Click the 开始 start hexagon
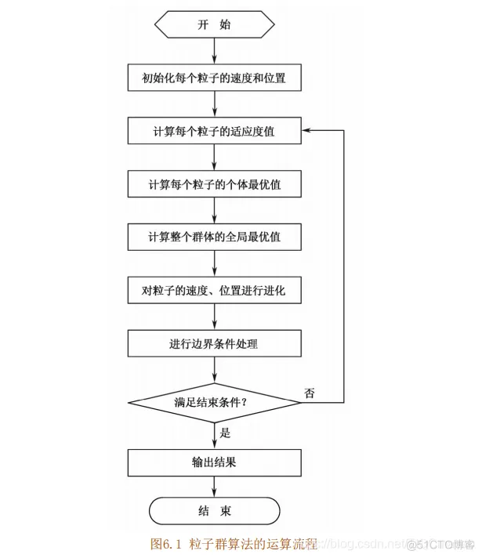(215, 24)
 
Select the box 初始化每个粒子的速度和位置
(215, 78)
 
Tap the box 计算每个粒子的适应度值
(215, 132)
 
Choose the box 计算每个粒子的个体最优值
(215, 185)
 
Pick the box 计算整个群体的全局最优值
(215, 237)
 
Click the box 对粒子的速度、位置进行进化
(215, 291)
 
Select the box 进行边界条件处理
(215, 343)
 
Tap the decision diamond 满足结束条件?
(215, 403)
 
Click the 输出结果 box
(215, 462)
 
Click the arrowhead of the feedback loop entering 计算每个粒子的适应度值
(309, 132)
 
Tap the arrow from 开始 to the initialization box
(215, 52)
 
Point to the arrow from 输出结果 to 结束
(215, 487)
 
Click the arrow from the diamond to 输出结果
(215, 435)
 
